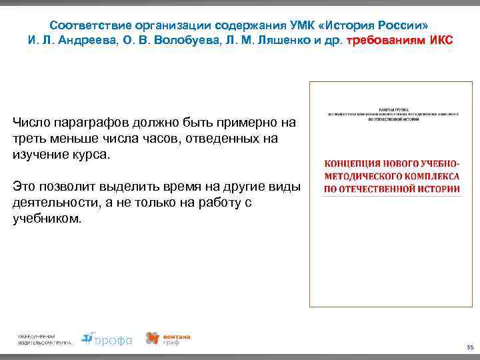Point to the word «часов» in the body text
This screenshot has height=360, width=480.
[x=160, y=139]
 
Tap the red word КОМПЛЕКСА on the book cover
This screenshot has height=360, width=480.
[x=429, y=176]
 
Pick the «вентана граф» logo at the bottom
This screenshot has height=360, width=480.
[x=168, y=339]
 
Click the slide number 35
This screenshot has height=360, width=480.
[x=469, y=347]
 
